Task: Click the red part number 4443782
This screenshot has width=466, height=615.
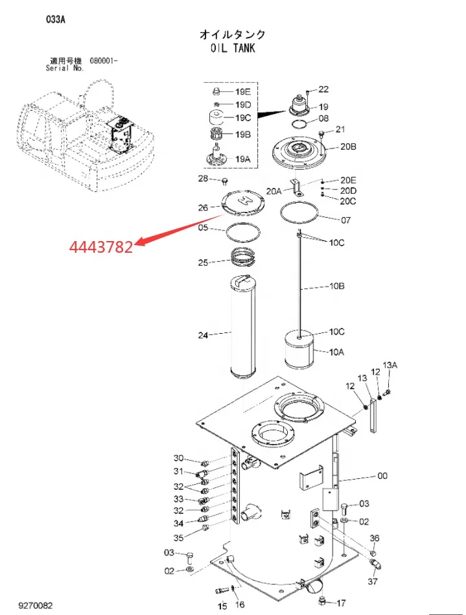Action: [101, 247]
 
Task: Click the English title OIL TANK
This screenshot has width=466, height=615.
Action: [233, 48]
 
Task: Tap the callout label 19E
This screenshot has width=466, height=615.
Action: [243, 92]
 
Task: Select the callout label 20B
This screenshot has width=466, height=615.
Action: [348, 146]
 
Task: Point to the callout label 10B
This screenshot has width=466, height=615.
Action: [336, 286]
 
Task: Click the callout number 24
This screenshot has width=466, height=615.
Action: [203, 335]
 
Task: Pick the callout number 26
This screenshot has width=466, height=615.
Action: [203, 207]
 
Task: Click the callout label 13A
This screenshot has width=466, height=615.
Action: [390, 365]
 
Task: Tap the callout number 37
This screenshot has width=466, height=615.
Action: [373, 581]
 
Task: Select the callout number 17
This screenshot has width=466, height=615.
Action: [342, 603]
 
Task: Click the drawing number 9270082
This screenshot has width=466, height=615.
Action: [35, 606]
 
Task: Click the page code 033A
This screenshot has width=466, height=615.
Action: [56, 19]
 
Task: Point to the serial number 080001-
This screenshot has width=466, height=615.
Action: [104, 61]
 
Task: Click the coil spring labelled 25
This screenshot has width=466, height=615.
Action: [243, 259]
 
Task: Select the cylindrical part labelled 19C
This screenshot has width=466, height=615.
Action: [215, 117]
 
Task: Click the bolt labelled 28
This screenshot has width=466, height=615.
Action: [225, 181]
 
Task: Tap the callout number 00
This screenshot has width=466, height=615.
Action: [382, 476]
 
